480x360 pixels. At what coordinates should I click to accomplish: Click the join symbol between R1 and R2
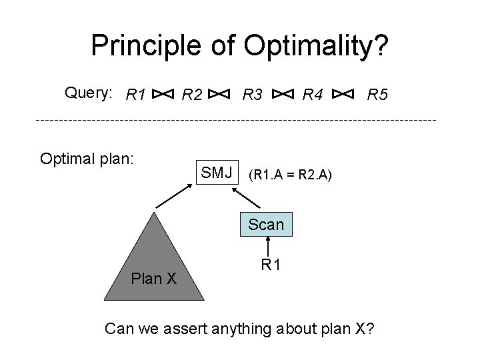[x=164, y=95]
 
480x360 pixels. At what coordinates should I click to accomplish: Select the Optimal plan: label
[x=87, y=159]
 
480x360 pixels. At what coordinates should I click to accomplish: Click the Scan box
[x=266, y=225]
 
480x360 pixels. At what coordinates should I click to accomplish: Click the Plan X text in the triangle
[x=154, y=278]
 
